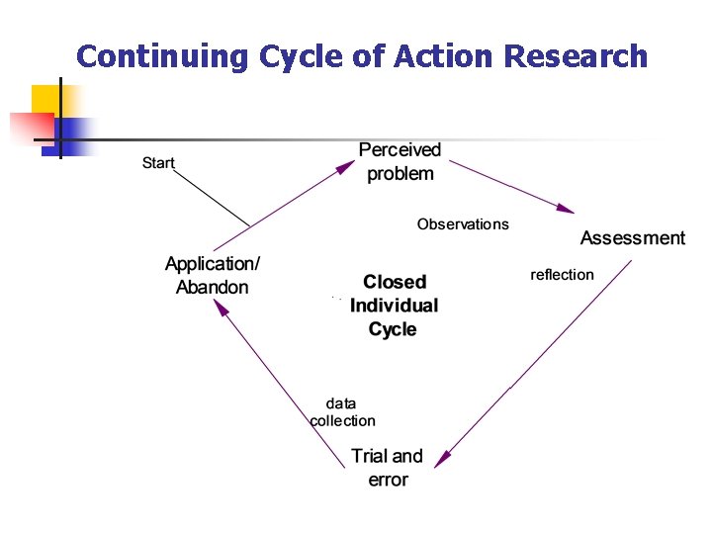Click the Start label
coord(158,162)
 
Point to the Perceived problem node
coord(400,162)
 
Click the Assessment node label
coord(632,238)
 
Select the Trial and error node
coord(387,468)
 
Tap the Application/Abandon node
coord(213,276)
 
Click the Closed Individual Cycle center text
coord(394,306)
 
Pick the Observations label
coord(463,224)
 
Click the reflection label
coord(562,275)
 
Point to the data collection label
coord(342,412)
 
